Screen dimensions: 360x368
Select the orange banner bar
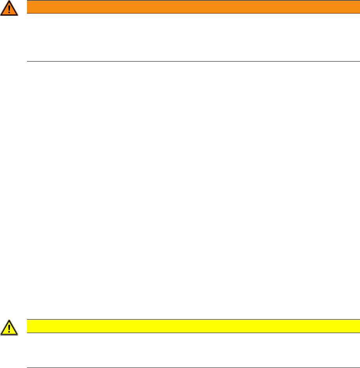tap(193, 7)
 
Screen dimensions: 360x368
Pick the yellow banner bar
tap(193, 326)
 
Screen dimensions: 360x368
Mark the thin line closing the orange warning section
tap(193, 62)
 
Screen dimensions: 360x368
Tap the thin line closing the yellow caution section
tap(193, 368)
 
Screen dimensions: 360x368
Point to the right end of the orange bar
tap(358, 7)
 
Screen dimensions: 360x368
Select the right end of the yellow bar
tap(358, 326)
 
